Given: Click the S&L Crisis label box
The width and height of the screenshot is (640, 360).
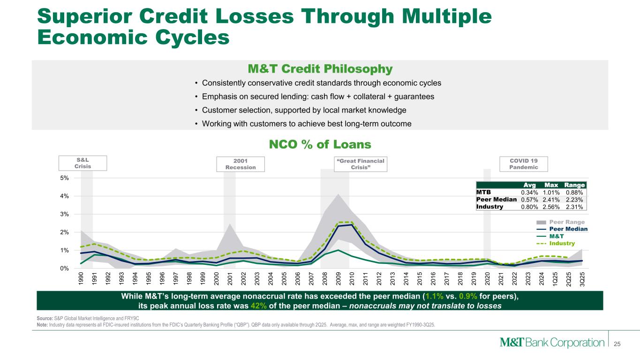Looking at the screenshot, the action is click(83, 163).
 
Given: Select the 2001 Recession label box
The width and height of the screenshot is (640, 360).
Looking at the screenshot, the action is click(241, 164).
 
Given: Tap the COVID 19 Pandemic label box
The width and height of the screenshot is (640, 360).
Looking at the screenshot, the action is click(524, 164).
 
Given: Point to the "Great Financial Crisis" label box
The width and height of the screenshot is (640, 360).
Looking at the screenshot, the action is click(361, 164).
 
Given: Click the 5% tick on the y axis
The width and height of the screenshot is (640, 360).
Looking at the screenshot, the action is click(64, 178).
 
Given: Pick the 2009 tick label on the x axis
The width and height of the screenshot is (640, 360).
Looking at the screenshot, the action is click(339, 278).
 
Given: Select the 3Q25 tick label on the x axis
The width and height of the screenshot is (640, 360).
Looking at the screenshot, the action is click(582, 279).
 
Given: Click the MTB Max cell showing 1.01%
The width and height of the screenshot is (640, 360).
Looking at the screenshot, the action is click(551, 193).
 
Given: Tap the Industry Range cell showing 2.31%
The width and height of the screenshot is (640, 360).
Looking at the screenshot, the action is click(574, 207).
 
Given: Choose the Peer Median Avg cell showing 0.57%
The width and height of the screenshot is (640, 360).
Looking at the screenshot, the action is click(529, 200).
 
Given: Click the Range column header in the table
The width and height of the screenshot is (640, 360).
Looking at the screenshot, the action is click(574, 185).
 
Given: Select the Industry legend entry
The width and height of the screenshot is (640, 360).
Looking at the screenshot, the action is click(556, 243).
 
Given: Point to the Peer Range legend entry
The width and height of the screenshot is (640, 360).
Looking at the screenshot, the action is click(561, 222).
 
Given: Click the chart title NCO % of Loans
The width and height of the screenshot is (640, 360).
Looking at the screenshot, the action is click(320, 144).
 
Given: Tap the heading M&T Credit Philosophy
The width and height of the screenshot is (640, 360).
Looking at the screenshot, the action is click(320, 69).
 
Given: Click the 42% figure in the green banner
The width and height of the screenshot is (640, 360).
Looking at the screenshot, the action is click(258, 306).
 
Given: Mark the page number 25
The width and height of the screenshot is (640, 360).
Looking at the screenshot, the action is click(617, 344).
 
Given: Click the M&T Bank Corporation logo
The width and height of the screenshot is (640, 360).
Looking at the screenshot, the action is click(552, 342).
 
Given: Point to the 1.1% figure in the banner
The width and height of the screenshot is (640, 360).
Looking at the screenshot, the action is click(434, 296).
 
